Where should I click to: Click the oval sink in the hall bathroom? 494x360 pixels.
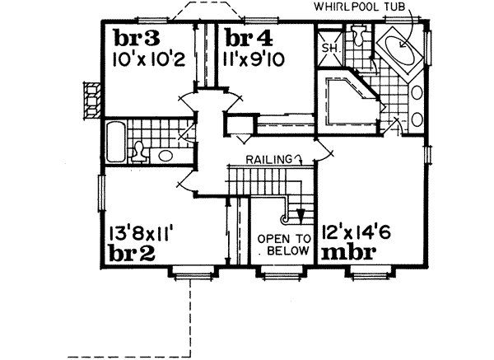(x=165, y=155)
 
